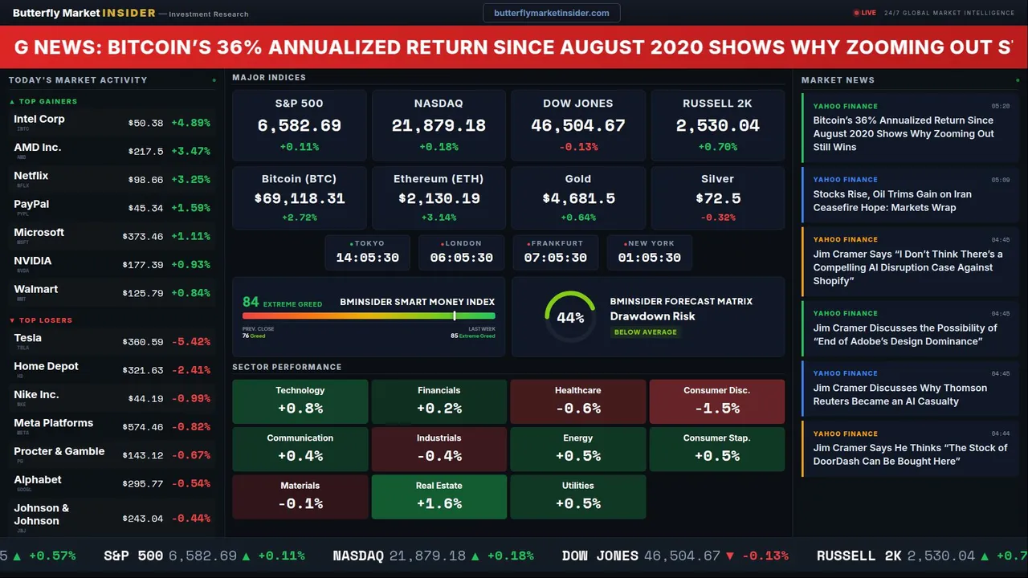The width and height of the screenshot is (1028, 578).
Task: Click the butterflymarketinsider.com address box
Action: coord(551,13)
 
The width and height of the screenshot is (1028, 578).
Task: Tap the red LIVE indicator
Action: coord(865,13)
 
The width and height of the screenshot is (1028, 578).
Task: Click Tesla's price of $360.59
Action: coord(145,342)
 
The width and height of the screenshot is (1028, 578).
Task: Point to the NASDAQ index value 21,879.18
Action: coord(439,126)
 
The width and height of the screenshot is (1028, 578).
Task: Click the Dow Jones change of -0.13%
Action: coord(578,147)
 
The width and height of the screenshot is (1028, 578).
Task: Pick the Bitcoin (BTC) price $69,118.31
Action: coord(299,198)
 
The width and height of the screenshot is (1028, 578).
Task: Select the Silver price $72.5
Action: coord(718,198)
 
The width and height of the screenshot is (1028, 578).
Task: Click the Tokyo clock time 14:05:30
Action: coord(367,258)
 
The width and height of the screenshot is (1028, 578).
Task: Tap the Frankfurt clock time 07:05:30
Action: coord(555,258)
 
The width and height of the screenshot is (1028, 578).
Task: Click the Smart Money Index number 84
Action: coord(251,302)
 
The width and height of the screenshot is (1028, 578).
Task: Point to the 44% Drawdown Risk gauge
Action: coord(570,317)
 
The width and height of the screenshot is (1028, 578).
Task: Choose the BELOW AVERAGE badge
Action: coord(645,332)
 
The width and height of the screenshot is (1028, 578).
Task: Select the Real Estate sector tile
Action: coord(439,496)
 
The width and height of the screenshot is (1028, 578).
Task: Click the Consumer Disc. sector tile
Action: coord(716,401)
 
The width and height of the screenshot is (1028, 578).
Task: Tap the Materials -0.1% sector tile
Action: coord(300,496)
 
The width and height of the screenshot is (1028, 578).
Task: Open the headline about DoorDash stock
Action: coord(909,454)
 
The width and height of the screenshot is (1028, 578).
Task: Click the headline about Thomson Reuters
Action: coord(899,394)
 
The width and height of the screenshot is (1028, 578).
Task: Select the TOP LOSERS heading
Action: coord(45,320)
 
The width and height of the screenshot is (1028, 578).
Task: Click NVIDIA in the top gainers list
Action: coord(33,261)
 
